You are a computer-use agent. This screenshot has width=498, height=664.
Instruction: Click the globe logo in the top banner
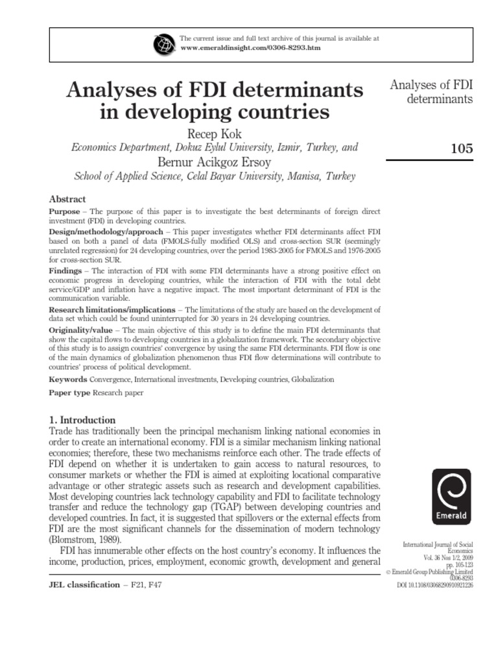163,43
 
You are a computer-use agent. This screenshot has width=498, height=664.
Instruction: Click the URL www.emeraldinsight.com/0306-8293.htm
250,48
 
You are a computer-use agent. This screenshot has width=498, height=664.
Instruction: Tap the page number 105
461,148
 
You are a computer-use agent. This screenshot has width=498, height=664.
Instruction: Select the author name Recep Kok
214,134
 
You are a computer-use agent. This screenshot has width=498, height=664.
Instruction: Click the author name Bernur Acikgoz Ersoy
214,161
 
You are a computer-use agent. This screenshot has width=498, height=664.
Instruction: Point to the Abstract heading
67,199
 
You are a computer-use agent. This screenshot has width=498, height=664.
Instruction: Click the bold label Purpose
65,212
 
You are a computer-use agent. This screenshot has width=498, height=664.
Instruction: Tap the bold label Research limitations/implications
112,310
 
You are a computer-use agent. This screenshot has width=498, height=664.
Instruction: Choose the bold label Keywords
68,379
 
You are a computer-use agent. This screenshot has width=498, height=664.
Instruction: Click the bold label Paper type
70,393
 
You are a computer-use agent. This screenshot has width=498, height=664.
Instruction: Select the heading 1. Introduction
82,420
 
